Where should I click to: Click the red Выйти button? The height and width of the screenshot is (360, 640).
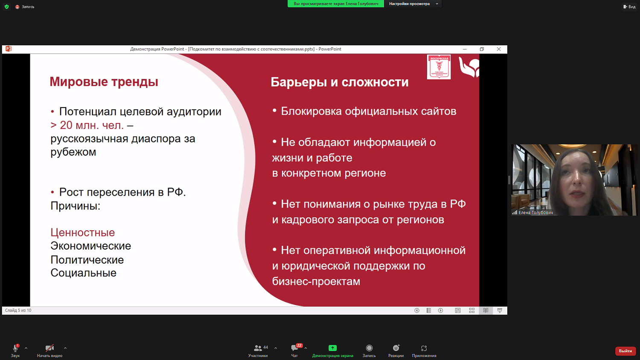(x=625, y=351)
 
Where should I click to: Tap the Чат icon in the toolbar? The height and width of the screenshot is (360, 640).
(x=294, y=348)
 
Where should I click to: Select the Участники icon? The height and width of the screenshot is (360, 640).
(x=258, y=348)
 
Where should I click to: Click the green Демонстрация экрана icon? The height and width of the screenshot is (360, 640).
(x=332, y=348)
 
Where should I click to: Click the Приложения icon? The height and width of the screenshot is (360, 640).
(x=424, y=348)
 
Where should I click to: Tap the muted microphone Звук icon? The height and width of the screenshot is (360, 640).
(x=15, y=348)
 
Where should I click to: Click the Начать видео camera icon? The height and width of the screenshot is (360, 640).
(x=49, y=348)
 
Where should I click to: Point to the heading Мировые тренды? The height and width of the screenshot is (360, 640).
(x=104, y=81)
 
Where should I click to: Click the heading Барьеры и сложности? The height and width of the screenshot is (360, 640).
(x=339, y=82)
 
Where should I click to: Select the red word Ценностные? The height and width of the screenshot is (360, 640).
(x=83, y=232)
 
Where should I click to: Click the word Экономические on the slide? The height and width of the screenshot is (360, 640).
(x=90, y=246)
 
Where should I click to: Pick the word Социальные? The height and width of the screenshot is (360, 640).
(x=83, y=273)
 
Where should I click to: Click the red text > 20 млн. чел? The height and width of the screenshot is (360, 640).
(x=87, y=125)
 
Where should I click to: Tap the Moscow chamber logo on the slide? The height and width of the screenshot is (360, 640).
(x=439, y=67)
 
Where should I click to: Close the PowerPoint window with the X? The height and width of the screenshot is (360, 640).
(x=498, y=49)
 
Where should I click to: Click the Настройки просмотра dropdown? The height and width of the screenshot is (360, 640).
(x=413, y=4)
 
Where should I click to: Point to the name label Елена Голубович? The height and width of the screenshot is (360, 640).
(x=535, y=212)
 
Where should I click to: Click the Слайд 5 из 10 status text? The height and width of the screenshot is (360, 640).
(x=18, y=311)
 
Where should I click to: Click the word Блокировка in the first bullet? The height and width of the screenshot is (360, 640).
(x=311, y=111)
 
